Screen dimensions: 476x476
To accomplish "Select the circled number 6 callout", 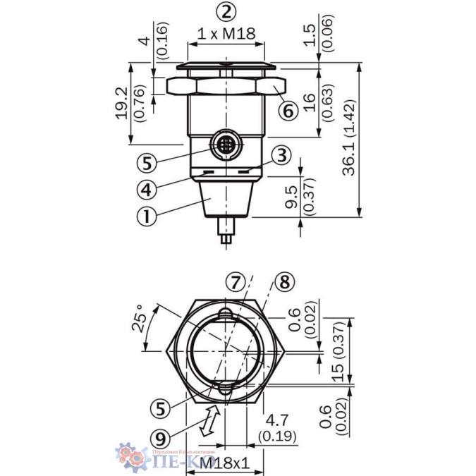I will point(288,111).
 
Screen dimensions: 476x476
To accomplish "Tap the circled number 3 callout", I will point(281,155).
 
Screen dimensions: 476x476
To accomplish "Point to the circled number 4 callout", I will point(147,190).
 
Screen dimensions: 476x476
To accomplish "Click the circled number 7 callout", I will point(236,283).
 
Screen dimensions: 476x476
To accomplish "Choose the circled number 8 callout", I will point(283,283).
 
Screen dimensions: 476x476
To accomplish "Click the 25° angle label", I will point(141,319).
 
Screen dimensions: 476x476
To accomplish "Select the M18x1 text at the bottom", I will point(225,463).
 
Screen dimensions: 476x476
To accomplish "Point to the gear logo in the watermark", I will point(130,456).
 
